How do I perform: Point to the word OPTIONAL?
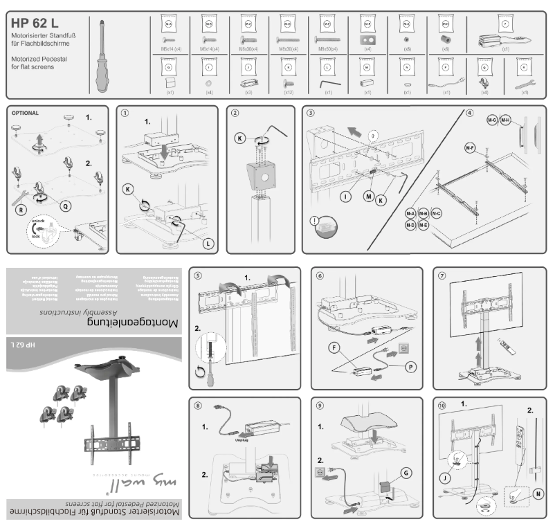(x=25, y=112)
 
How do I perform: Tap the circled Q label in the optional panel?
(x=65, y=206)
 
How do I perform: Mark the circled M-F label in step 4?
(x=469, y=147)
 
